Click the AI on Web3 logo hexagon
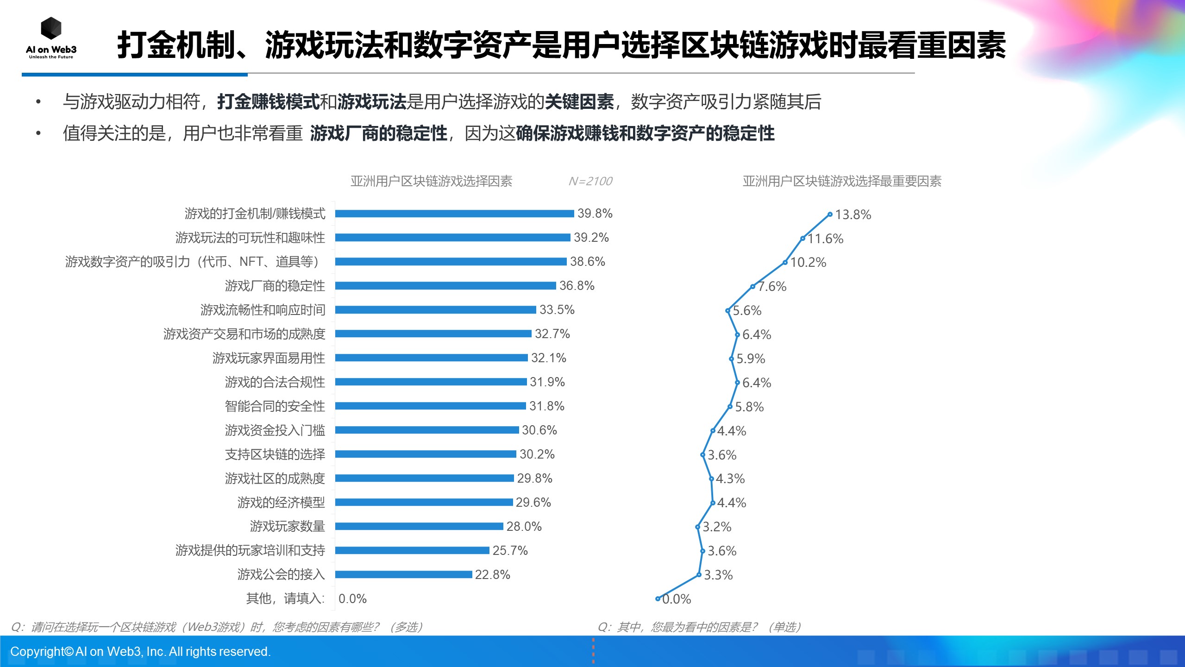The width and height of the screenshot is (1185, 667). click(51, 29)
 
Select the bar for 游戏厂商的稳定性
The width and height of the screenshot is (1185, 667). click(445, 286)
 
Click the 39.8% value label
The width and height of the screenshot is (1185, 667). click(595, 214)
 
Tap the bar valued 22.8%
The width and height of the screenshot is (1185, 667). click(403, 574)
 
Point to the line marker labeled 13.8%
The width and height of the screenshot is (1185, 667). click(830, 214)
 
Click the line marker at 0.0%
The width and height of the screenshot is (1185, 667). click(658, 599)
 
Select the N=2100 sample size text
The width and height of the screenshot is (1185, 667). click(590, 181)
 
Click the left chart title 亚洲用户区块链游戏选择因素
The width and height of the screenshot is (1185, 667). click(431, 181)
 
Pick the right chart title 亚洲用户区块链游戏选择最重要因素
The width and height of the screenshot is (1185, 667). click(842, 181)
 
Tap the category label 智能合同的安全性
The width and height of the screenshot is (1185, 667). click(275, 406)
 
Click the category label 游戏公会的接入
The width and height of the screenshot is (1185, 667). click(281, 574)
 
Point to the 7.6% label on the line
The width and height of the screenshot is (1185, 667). click(772, 287)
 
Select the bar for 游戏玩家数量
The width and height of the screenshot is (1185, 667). click(419, 526)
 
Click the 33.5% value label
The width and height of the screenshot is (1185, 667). click(557, 310)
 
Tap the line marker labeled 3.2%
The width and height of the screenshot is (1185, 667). click(697, 527)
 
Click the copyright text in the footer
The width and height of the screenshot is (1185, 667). click(140, 652)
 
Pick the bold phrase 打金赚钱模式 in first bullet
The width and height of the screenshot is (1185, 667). click(269, 102)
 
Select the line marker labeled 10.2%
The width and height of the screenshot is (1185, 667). click(785, 263)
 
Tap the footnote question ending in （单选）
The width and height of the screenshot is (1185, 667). click(699, 627)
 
